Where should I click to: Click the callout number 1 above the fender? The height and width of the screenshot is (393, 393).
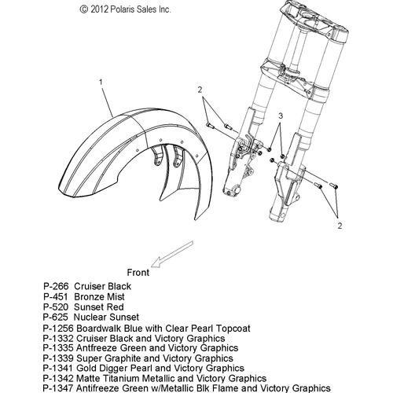click(x=101, y=83)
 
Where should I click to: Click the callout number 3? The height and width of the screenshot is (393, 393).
click(x=281, y=116)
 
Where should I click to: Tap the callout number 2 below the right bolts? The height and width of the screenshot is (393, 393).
click(x=340, y=226)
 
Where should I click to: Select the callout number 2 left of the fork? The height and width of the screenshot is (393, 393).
click(x=200, y=90)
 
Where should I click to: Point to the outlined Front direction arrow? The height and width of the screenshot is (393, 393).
click(x=172, y=254)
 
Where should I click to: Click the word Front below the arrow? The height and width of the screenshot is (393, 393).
click(x=138, y=273)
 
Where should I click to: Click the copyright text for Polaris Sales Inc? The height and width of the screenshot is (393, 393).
click(x=125, y=9)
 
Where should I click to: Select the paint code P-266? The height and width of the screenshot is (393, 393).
click(x=56, y=286)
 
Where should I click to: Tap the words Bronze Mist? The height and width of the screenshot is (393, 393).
click(x=99, y=297)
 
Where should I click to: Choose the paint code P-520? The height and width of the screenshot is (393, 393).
click(x=56, y=307)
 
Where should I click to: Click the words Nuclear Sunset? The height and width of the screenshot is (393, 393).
click(x=106, y=317)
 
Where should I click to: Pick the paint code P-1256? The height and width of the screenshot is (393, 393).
click(x=58, y=329)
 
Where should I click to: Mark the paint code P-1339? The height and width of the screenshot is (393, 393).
click(x=58, y=358)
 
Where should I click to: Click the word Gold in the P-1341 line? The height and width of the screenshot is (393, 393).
click(x=86, y=368)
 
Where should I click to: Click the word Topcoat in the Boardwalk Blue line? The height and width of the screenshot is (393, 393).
click(x=233, y=329)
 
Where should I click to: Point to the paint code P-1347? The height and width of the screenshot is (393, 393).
click(x=58, y=388)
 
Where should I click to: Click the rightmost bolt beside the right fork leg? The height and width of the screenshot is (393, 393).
click(x=333, y=185)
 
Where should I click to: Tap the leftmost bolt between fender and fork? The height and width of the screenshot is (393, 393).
click(x=211, y=127)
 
